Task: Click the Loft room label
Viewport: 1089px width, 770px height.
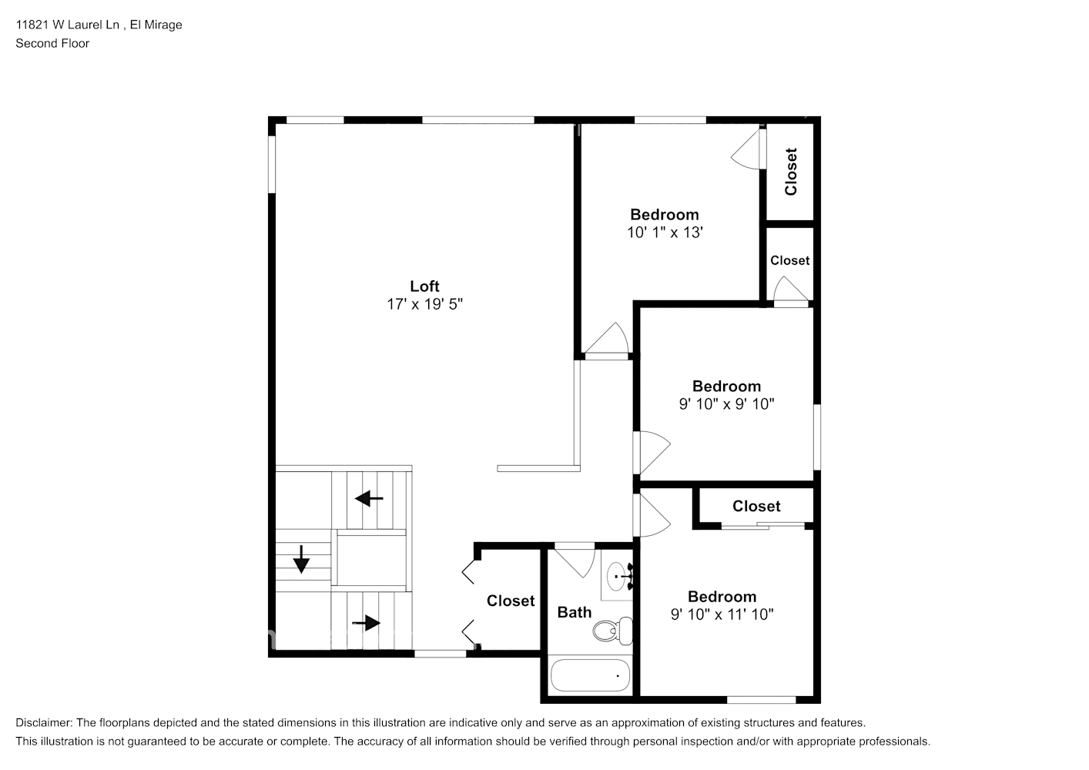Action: (x=424, y=286)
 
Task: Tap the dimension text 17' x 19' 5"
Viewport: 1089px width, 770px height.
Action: (x=424, y=305)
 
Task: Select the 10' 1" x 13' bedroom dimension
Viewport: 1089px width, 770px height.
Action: (x=665, y=233)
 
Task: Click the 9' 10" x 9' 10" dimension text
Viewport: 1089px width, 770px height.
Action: (x=726, y=404)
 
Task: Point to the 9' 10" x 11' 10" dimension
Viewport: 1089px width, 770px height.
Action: (x=722, y=614)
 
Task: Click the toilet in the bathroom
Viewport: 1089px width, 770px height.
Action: (x=612, y=631)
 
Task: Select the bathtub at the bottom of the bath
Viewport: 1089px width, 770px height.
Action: (x=590, y=675)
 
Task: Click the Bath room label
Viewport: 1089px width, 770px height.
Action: (x=575, y=612)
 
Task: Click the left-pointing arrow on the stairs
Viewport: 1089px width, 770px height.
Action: (x=369, y=499)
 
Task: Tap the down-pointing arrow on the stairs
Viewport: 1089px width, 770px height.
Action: (x=301, y=560)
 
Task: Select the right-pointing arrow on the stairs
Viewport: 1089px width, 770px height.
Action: (x=367, y=622)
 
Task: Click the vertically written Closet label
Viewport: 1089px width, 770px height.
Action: (x=790, y=172)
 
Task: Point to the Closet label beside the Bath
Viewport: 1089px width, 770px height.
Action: (x=511, y=601)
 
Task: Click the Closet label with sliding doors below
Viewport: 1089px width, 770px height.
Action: (x=756, y=506)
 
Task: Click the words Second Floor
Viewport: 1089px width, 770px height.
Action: (x=52, y=43)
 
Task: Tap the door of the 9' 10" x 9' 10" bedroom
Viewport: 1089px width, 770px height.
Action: (x=652, y=453)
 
